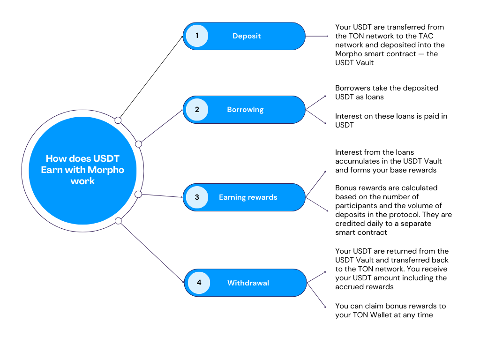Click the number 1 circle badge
[197, 36]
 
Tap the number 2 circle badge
[197, 110]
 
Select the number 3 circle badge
[197, 197]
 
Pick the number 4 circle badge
[199, 283]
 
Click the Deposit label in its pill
[247, 36]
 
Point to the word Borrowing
[245, 110]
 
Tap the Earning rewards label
[248, 197]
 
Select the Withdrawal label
[248, 283]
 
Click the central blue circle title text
[82, 170]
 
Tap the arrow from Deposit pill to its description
[316, 36]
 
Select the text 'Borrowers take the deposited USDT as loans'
[386, 92]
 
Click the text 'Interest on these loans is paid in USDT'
[391, 120]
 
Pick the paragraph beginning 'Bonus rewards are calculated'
[393, 210]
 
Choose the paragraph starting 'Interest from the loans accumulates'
[388, 161]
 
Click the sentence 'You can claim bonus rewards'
[390, 310]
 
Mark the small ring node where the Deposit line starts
[118, 120]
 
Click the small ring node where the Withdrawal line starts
[118, 221]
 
